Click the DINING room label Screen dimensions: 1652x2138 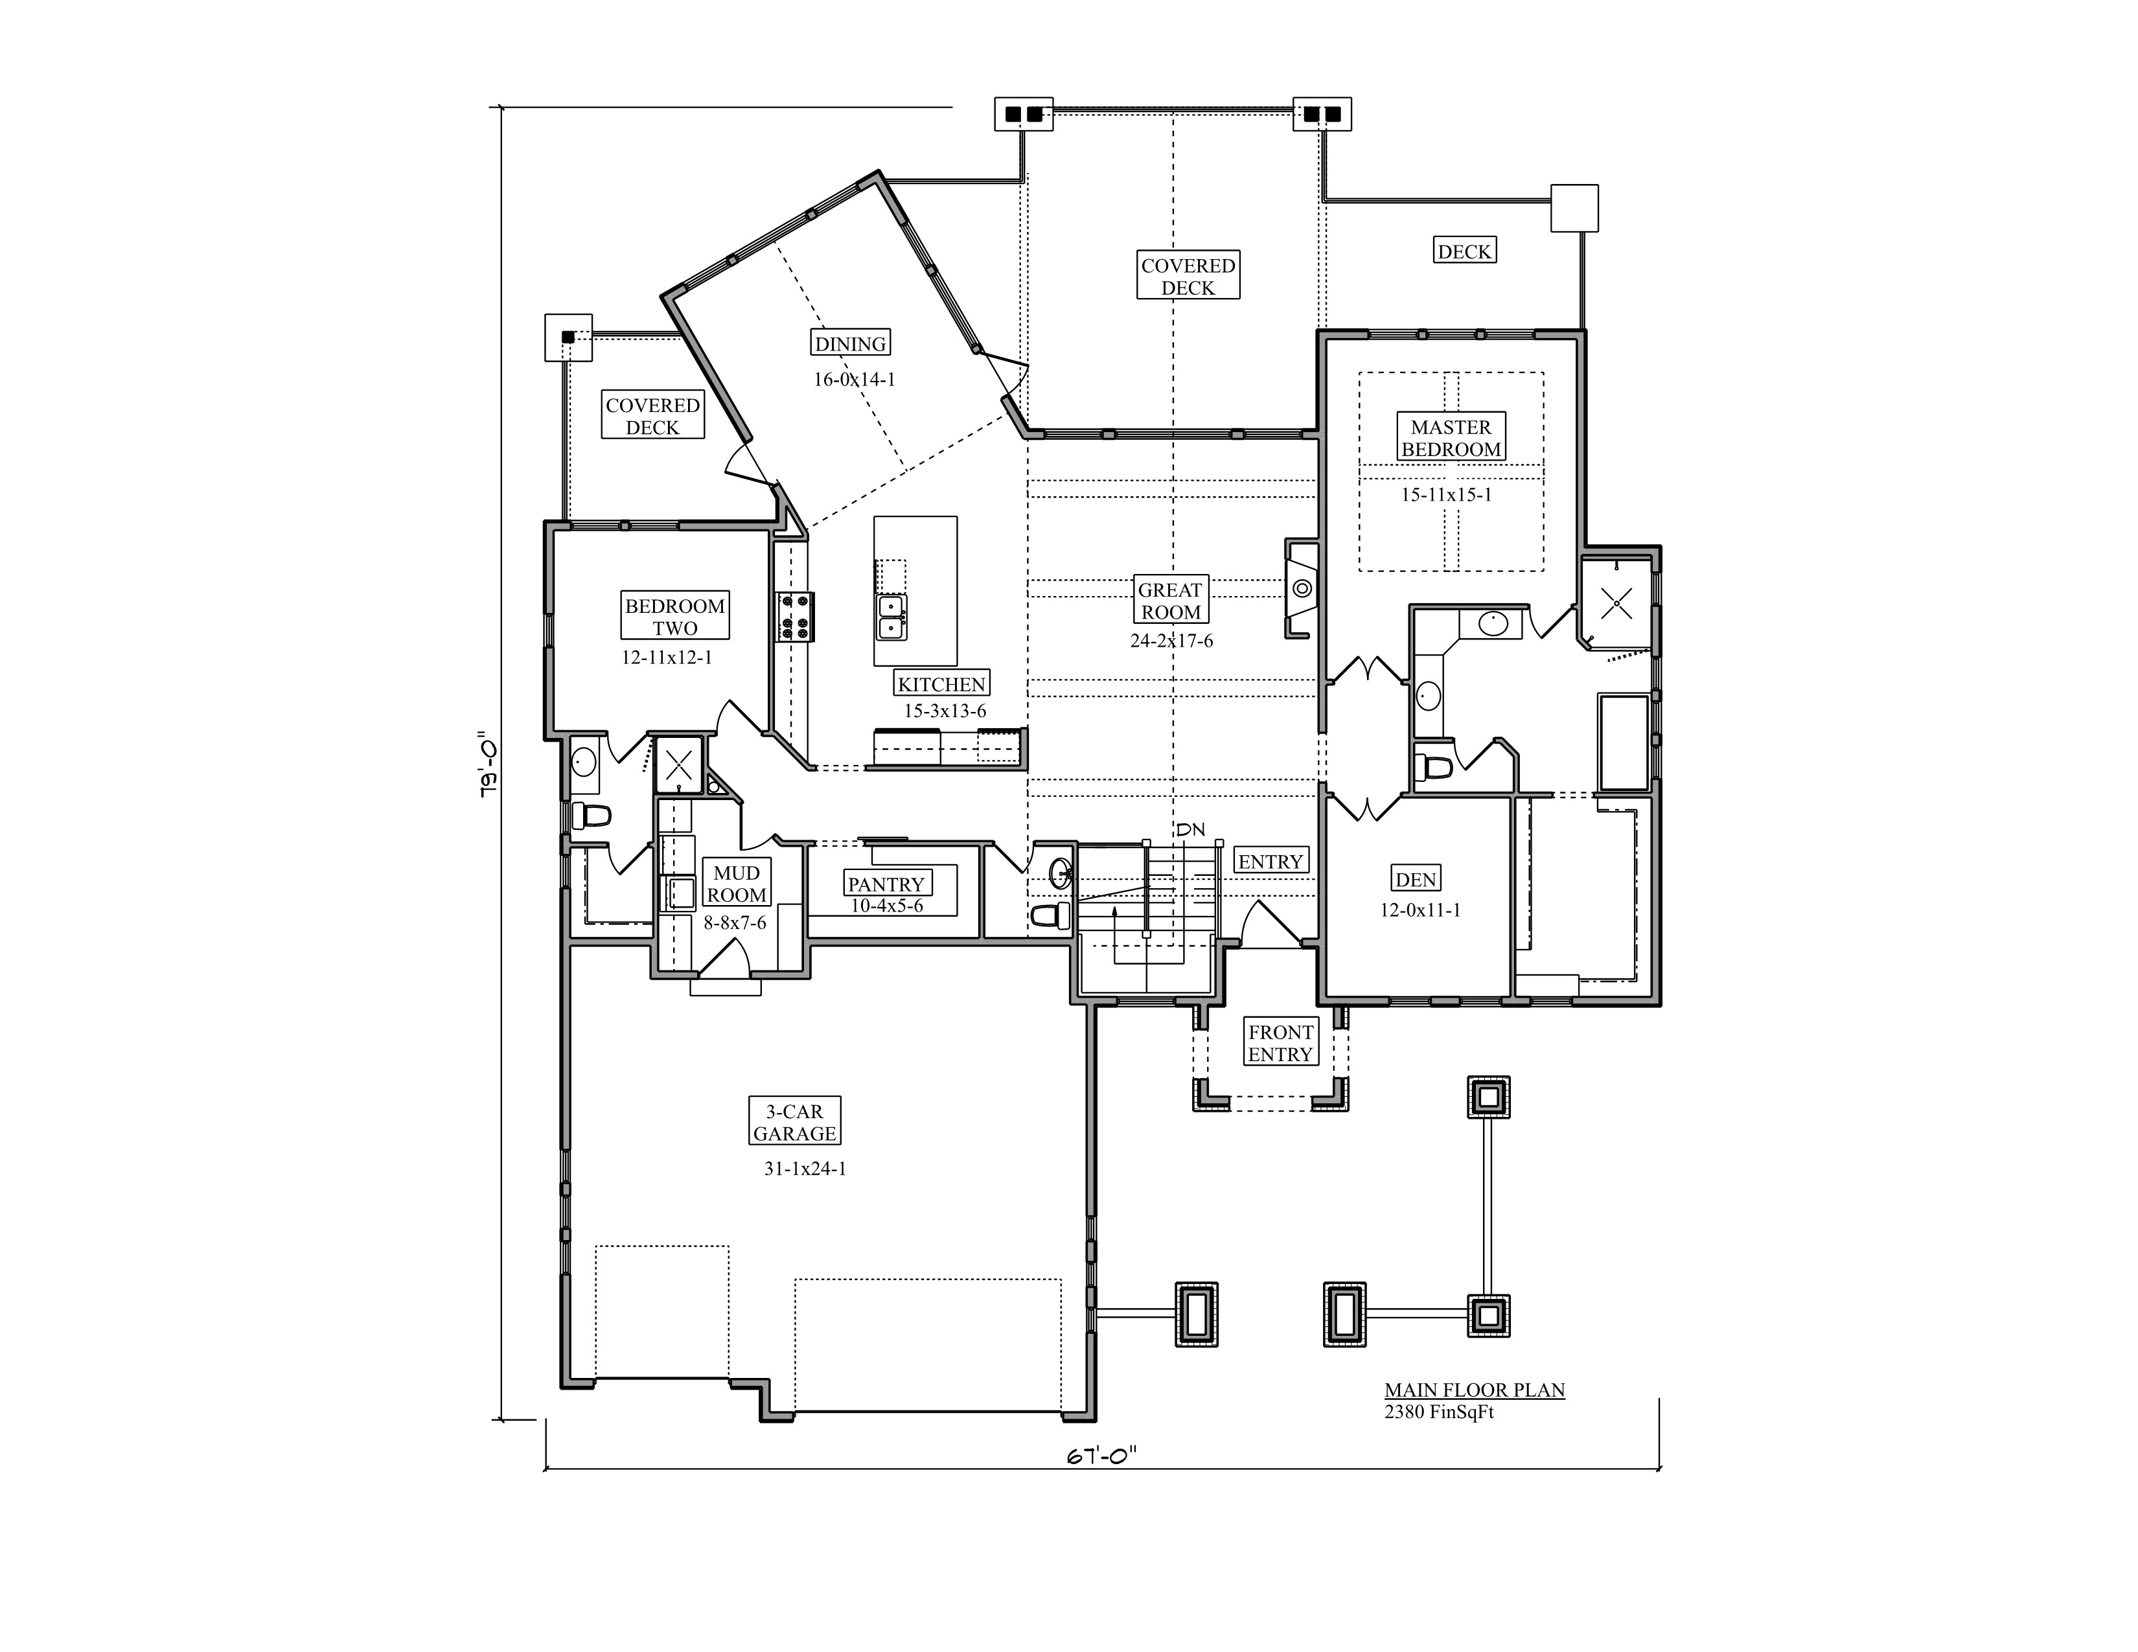pos(850,343)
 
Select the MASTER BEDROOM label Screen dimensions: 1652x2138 pos(1450,437)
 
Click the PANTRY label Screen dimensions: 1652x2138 pos(886,884)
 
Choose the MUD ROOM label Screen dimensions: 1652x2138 pos(736,883)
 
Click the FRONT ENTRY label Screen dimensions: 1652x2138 pos(1280,1042)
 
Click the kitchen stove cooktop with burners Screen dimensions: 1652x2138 pos(796,617)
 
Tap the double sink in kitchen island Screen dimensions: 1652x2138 pos(891,617)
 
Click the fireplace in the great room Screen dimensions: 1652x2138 pos(1301,589)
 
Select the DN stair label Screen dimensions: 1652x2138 pos(1190,830)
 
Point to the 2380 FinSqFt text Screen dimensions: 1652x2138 pos(1438,1412)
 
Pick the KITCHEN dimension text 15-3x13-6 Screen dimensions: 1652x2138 pos(944,711)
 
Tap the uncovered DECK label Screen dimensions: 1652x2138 pos(1464,251)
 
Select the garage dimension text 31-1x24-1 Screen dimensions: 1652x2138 pos(805,1169)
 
